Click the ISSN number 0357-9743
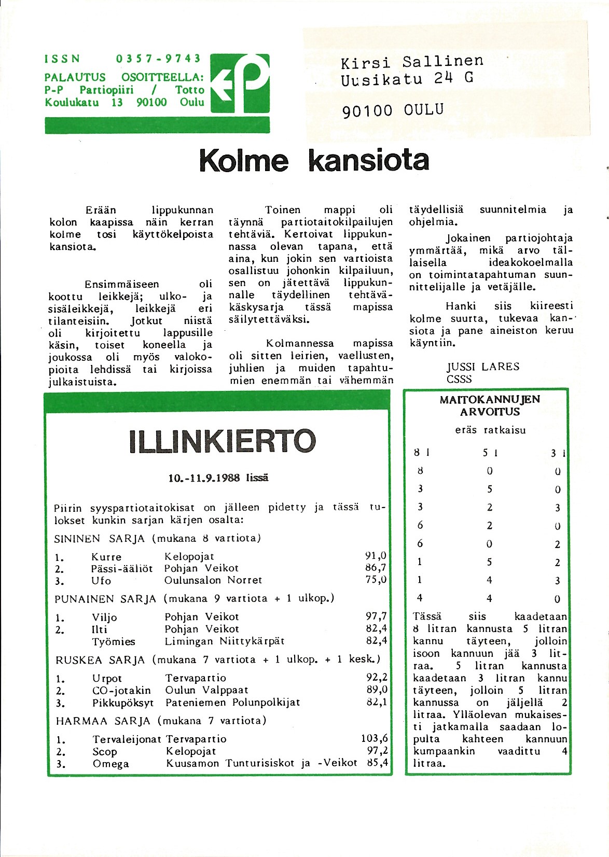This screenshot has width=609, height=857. (x=158, y=59)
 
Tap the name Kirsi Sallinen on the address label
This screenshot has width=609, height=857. (x=412, y=62)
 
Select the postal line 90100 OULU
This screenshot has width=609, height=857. (x=393, y=110)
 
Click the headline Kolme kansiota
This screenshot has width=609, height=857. (x=314, y=161)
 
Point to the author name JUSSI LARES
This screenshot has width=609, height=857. (x=483, y=367)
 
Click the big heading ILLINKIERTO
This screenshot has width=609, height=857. (x=222, y=441)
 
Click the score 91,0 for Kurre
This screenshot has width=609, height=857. (x=376, y=556)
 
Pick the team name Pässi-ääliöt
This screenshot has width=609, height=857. (x=122, y=569)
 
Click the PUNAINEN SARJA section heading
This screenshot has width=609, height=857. (x=105, y=599)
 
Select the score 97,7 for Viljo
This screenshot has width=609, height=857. (x=376, y=616)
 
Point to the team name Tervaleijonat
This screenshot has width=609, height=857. (x=127, y=739)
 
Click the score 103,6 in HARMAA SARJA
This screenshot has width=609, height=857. (x=375, y=738)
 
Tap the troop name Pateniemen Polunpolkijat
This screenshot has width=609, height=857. (x=232, y=703)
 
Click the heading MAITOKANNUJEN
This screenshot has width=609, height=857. (x=490, y=400)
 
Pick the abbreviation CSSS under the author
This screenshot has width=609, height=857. (x=459, y=379)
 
